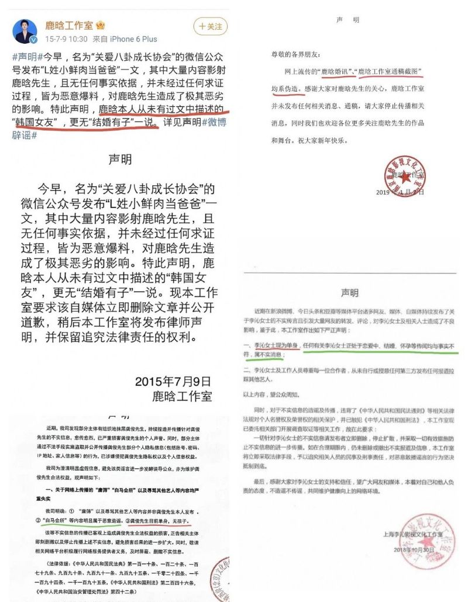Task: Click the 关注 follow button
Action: (x=210, y=26)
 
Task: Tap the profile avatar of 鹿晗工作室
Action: (x=25, y=30)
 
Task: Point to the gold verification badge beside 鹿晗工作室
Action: (x=101, y=26)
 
